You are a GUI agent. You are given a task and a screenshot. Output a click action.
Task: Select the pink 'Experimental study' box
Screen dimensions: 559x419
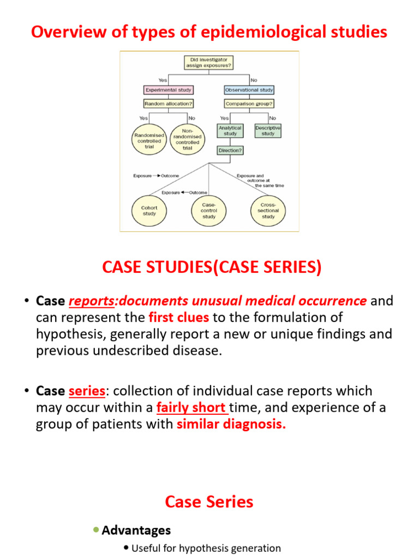coord(168,90)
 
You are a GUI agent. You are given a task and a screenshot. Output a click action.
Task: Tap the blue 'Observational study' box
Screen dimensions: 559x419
coord(249,90)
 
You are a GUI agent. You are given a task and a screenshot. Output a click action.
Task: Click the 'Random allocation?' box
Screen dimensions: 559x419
coord(168,103)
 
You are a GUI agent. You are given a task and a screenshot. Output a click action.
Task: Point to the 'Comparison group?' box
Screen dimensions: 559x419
coord(249,103)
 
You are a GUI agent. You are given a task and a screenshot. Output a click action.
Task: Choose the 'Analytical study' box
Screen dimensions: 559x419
coord(230,130)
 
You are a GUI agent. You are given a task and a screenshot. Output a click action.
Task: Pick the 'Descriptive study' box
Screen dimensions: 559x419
coord(268,130)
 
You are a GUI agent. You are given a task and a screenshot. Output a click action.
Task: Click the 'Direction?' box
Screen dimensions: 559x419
coord(230,150)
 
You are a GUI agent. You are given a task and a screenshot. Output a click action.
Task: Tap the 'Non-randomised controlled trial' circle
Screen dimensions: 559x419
coord(187,139)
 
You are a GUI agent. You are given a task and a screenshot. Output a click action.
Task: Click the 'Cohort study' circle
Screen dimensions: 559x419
coord(149,211)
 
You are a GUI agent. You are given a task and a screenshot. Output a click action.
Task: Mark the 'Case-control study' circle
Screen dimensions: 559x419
coord(208,211)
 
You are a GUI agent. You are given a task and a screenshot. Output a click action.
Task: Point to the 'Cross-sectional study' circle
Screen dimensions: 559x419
coord(268,211)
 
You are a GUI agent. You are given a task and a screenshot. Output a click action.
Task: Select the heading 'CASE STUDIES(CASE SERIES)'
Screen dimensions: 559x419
coord(212,267)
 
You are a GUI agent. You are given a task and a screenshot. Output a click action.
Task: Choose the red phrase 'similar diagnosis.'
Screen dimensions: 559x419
coord(231,424)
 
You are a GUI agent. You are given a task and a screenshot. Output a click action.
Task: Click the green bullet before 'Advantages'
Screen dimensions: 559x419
coord(96,530)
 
